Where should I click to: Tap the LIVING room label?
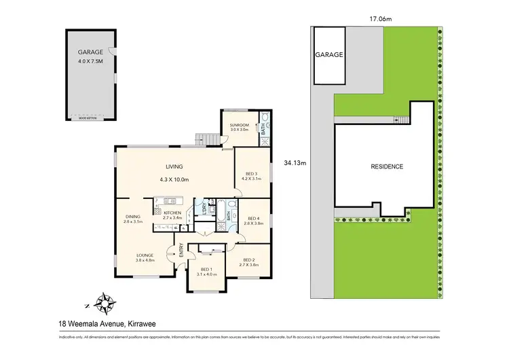click(174, 167)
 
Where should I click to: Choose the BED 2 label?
click(250, 259)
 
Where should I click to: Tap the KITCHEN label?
click(173, 213)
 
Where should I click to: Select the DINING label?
click(132, 217)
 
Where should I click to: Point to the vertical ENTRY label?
click(181, 251)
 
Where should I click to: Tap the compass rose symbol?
click(104, 300)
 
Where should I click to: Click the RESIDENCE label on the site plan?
click(387, 166)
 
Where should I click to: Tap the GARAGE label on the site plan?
click(329, 54)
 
